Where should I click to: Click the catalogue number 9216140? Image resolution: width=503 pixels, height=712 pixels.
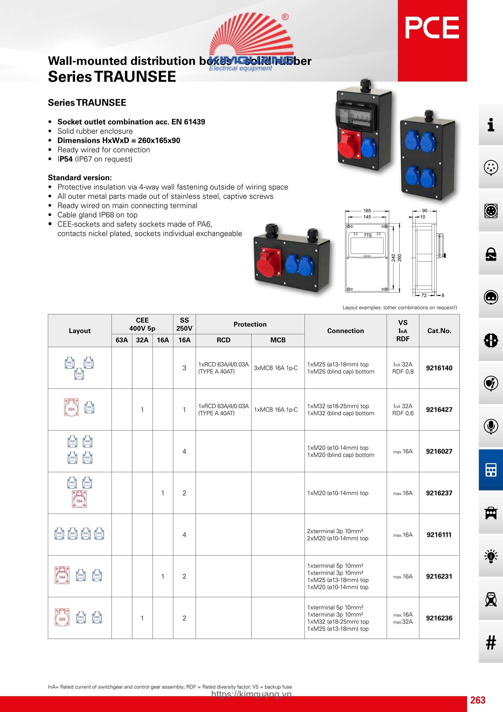[439, 368]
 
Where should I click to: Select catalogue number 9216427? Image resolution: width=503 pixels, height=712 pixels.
[439, 410]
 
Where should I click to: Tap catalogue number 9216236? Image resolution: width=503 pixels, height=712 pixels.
[439, 618]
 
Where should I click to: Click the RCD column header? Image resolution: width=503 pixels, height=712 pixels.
[223, 340]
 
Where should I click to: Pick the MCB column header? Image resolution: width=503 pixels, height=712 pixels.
[278, 340]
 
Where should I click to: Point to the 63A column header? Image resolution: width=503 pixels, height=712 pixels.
[122, 340]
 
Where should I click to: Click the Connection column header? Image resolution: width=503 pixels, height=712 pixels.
[345, 331]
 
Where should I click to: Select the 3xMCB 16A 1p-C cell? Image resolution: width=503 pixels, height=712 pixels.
[276, 368]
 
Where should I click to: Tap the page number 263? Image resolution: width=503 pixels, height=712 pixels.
[478, 700]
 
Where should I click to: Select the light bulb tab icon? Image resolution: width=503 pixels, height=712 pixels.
[490, 556]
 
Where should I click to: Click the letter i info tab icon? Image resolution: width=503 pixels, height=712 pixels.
[490, 125]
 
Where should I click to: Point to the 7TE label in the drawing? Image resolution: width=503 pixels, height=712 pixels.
[368, 235]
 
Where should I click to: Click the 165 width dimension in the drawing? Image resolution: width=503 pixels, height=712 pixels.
[367, 211]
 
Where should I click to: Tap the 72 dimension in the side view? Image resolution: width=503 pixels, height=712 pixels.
[424, 296]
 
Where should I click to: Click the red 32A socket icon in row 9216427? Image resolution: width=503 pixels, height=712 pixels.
[71, 407]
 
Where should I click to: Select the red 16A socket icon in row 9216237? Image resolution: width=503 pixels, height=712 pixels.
[79, 499]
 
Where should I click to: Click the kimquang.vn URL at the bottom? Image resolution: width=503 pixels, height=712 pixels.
[251, 694]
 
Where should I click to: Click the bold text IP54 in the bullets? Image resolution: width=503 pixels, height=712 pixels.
[65, 159]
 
